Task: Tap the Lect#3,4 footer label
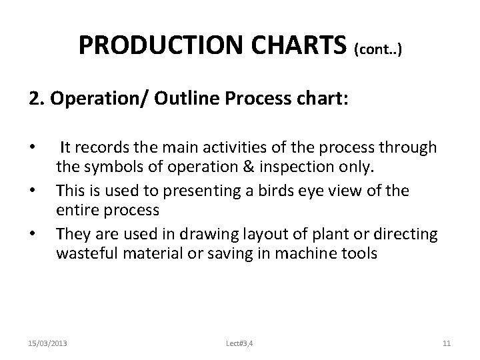tap(239, 343)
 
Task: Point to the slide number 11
tap(447, 343)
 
